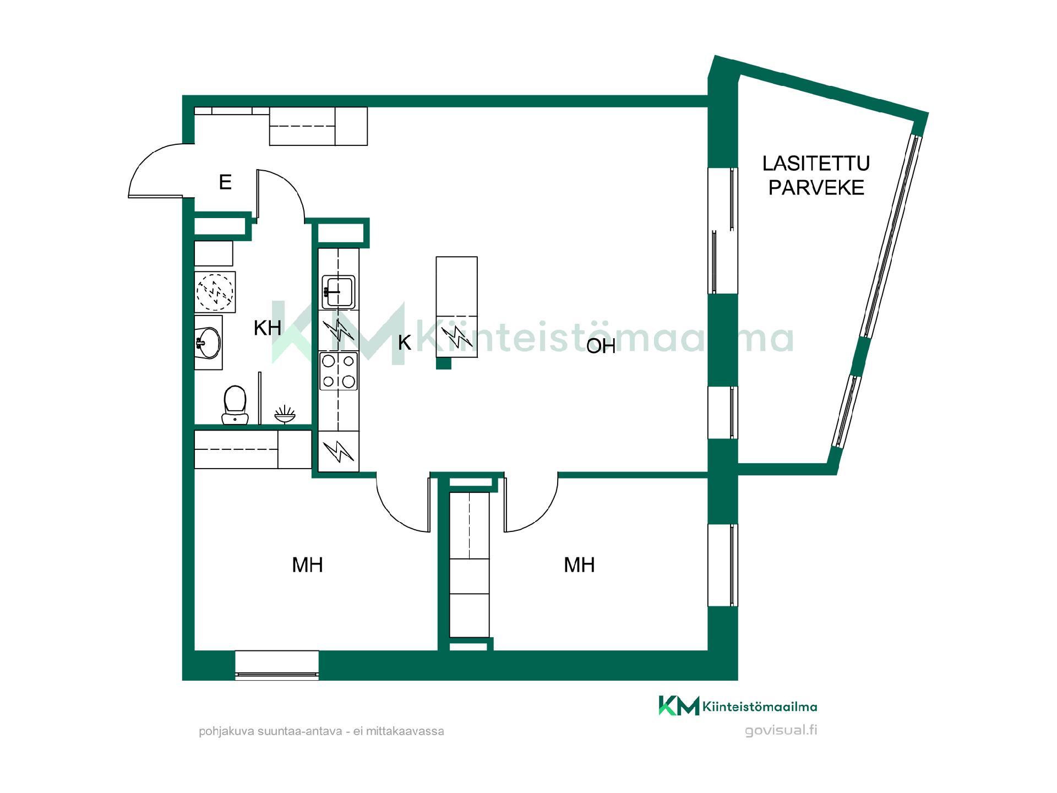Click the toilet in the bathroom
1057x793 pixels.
235,404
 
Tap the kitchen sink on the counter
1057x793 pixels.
339,291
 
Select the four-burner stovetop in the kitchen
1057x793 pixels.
339,371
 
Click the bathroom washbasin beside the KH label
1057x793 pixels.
208,343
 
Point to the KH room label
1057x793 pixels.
268,328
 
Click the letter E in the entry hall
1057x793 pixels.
225,182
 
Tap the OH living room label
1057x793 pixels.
601,346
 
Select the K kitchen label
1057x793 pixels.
405,343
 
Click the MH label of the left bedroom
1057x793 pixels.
307,564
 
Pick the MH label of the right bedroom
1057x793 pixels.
579,564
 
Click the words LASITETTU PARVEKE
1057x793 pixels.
816,175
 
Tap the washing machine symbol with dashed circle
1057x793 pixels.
215,292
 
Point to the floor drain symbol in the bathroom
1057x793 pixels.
285,414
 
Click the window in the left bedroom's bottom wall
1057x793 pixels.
277,665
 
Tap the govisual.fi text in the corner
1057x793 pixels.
781,731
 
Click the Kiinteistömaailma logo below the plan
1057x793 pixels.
738,706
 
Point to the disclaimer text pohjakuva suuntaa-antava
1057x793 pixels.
321,732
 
